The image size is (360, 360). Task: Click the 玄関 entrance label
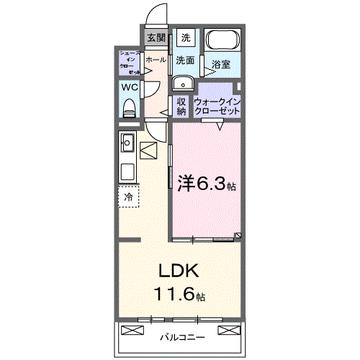pyautogui.click(x=156, y=37)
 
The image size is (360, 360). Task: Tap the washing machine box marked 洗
pyautogui.click(x=186, y=37)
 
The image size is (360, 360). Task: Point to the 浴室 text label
pyautogui.click(x=221, y=65)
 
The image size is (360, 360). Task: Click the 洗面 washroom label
pyautogui.click(x=186, y=60)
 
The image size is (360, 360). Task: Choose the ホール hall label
pyautogui.click(x=156, y=60)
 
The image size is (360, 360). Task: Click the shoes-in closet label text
pyautogui.click(x=130, y=62)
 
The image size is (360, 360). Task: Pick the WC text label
pyautogui.click(x=130, y=87)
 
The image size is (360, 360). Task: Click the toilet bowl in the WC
pyautogui.click(x=130, y=107)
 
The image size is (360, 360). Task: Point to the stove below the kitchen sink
pyautogui.click(x=127, y=172)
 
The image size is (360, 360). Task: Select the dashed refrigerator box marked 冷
pyautogui.click(x=129, y=197)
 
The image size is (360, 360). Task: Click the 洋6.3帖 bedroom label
pyautogui.click(x=205, y=184)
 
